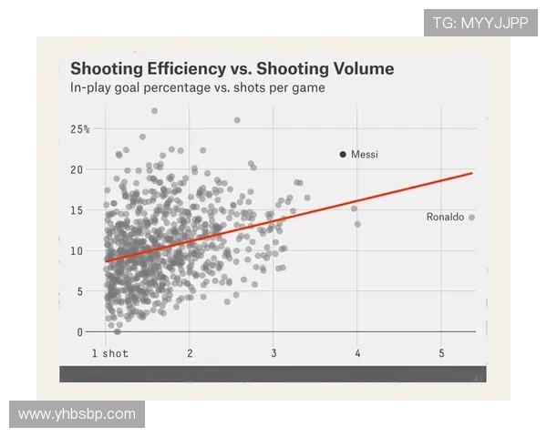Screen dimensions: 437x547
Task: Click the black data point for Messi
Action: (x=343, y=155)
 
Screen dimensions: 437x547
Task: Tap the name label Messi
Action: (x=365, y=155)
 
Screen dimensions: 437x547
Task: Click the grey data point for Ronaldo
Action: (x=472, y=218)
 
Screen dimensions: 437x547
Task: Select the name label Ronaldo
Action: (x=445, y=218)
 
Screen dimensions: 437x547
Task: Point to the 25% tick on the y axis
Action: (x=80, y=129)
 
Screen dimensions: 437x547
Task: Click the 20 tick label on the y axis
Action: (x=77, y=169)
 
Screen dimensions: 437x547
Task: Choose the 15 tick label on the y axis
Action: (x=77, y=210)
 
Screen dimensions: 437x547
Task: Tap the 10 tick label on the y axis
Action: (x=77, y=250)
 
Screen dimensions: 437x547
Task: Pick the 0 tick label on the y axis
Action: (x=80, y=332)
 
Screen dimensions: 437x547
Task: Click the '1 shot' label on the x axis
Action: (x=110, y=353)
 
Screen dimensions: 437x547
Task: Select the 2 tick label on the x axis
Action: (x=190, y=353)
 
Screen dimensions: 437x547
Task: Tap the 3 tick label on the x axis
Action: (x=273, y=353)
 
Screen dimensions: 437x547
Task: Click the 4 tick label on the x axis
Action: (x=357, y=353)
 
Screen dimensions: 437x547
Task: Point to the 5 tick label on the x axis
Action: (x=442, y=353)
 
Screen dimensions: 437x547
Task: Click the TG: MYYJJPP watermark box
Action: (x=480, y=23)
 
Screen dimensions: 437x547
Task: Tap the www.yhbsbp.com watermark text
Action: (x=77, y=414)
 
